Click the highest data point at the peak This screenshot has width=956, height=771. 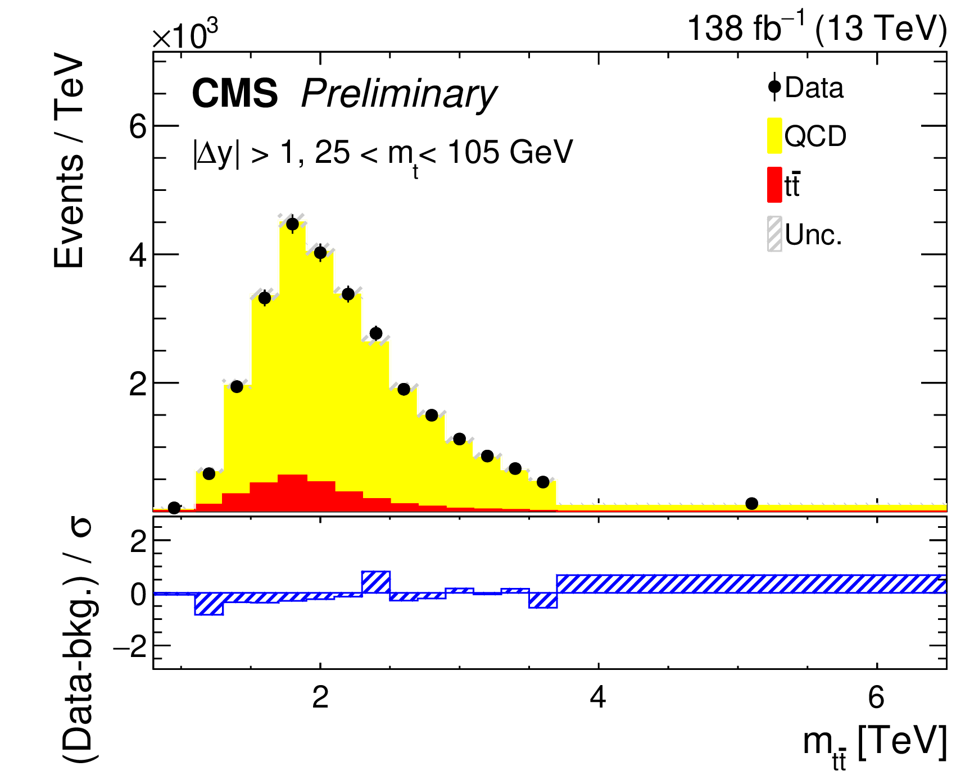292,224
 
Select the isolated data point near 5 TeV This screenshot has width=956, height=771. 751,503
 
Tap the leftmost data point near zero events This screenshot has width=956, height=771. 174,508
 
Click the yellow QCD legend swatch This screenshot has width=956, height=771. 774,135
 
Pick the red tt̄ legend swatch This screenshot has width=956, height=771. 774,185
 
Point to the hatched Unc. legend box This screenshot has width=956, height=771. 774,234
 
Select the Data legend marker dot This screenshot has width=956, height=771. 774,87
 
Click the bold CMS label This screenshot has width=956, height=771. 234,93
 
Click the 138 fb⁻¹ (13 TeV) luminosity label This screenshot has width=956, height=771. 817,28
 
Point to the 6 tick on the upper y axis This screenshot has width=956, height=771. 137,127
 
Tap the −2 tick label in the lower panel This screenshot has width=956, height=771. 130,648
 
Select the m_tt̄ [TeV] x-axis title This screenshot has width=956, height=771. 874,744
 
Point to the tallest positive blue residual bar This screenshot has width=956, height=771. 376,582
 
